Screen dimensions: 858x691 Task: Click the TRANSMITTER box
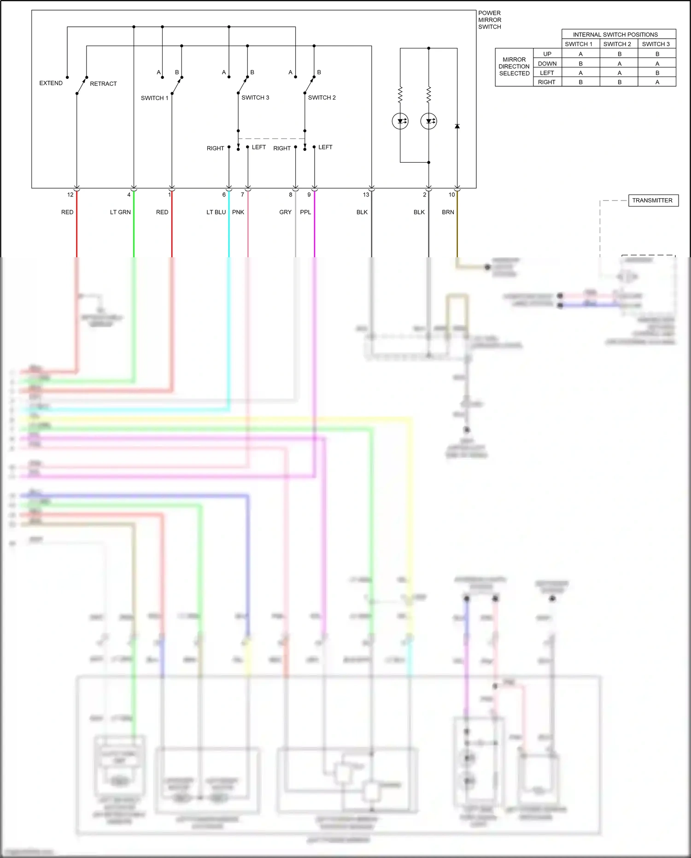652,201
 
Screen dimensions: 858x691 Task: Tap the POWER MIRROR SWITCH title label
489,20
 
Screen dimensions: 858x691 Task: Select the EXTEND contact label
51,83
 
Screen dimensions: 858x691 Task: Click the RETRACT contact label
103,83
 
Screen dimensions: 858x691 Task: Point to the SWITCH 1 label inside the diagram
154,98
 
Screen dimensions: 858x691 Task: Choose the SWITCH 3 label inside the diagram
255,97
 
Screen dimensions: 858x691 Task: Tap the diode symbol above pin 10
457,126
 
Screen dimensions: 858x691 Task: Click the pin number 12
70,195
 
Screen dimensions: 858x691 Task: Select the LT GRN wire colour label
120,212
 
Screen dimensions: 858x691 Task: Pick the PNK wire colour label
238,212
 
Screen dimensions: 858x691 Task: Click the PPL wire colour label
305,212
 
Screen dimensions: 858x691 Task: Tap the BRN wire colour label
448,212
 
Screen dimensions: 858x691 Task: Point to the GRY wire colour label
285,212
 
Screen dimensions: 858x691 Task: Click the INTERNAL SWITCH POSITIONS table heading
615,35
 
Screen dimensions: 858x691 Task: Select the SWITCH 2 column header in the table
617,44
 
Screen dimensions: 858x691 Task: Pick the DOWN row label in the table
547,64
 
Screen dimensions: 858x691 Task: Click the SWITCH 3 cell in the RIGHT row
657,82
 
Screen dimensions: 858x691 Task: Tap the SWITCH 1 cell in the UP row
580,54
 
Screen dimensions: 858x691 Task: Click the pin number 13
366,195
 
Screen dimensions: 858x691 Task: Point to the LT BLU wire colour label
216,212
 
